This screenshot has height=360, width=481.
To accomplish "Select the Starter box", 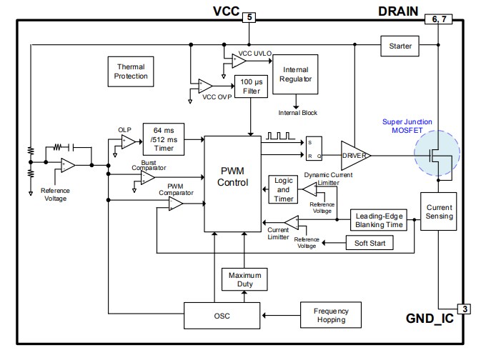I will [x=400, y=46].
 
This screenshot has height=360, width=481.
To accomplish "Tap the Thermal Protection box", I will [x=131, y=71].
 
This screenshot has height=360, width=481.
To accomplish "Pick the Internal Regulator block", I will [x=296, y=74].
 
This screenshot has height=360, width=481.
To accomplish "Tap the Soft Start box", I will [x=370, y=243].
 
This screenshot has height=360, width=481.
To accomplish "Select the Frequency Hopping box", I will [x=330, y=315].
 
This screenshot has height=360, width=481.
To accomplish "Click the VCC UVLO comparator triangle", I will [x=238, y=61].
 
